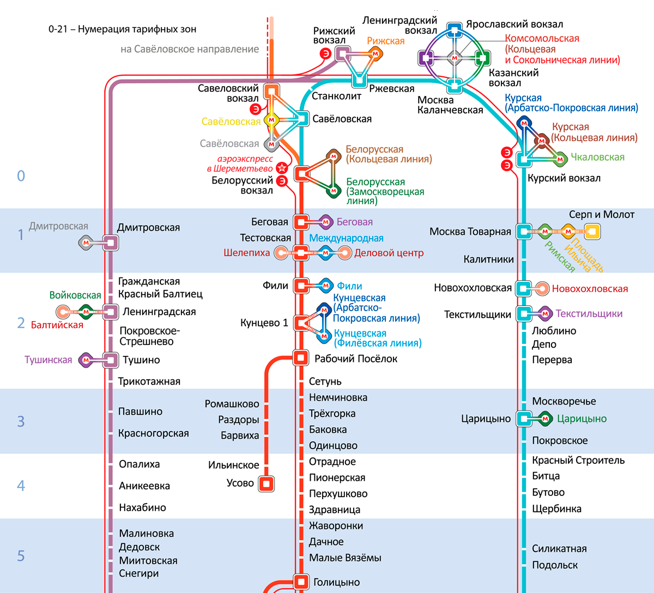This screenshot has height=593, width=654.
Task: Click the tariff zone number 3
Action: click(21, 421)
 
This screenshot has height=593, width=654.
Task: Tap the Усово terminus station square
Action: click(267, 483)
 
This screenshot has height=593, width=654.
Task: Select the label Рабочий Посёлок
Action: click(356, 359)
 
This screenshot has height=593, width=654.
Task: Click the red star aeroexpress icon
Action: click(282, 168)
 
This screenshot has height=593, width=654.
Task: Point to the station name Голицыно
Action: click(336, 582)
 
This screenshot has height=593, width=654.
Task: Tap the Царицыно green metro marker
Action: click(545, 419)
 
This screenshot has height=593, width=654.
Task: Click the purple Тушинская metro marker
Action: click(86, 360)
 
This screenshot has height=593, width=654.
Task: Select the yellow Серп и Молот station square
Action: click(592, 232)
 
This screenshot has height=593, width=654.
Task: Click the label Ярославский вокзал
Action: click(514, 24)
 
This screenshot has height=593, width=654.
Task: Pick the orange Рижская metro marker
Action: click(376, 54)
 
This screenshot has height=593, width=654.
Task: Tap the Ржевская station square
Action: click(359, 80)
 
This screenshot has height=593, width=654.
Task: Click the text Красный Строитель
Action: click(578, 460)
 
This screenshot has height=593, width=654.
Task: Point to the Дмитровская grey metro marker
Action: click(86, 243)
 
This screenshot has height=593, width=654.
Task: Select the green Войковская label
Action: click(75, 295)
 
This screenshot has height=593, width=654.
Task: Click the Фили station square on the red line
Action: click(301, 286)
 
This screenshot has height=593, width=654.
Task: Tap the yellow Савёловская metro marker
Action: click(271, 120)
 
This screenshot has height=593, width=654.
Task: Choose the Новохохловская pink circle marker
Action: click(542, 289)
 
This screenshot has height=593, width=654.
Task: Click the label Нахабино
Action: click(142, 507)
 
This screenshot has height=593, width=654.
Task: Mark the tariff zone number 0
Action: click(21, 176)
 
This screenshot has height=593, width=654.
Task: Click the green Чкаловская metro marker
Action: click(560, 160)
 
